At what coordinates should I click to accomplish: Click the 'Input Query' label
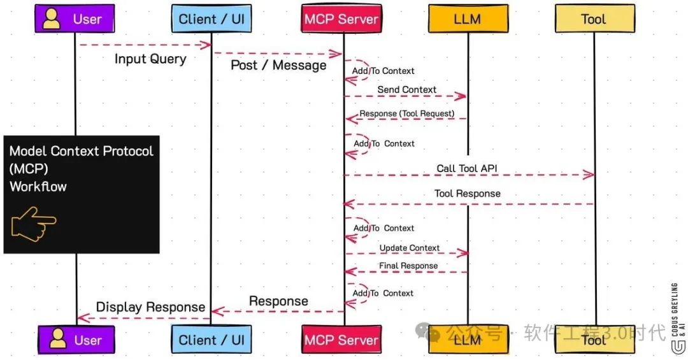[150, 59]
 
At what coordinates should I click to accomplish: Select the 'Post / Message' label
[278, 65]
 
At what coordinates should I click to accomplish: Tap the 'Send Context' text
[406, 90]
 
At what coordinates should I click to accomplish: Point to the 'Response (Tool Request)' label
[407, 113]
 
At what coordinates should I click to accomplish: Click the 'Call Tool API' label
[467, 169]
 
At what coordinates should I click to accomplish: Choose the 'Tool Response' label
[467, 194]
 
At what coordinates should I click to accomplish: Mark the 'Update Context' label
[409, 248]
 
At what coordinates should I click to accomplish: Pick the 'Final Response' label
[409, 266]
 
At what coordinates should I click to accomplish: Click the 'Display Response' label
[150, 307]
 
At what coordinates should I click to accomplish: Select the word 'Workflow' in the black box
[38, 187]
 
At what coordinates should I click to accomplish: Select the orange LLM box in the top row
[468, 19]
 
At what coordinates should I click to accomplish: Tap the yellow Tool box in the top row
[594, 19]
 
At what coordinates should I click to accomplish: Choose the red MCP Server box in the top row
[341, 19]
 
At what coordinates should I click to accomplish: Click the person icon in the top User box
[51, 18]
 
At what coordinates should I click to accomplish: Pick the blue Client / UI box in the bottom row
[211, 340]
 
